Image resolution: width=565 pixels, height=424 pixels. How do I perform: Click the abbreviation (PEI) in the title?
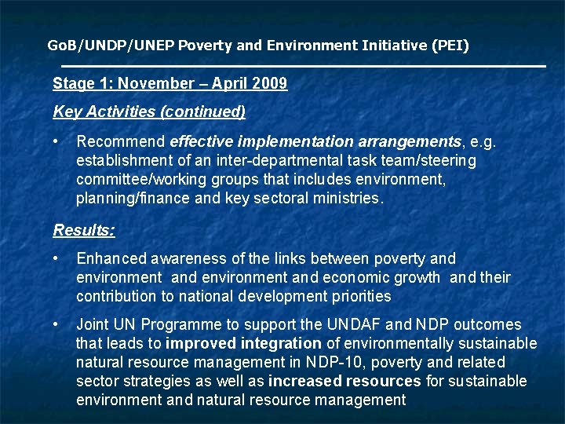(x=450, y=46)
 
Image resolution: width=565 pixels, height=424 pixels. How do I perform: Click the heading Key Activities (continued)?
(x=149, y=111)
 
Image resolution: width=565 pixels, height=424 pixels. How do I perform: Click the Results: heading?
(x=84, y=230)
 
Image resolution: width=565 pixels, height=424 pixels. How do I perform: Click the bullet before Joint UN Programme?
(x=57, y=324)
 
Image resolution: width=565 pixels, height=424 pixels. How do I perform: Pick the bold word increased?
(x=303, y=381)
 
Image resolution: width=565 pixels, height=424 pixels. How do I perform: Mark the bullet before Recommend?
(x=57, y=142)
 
